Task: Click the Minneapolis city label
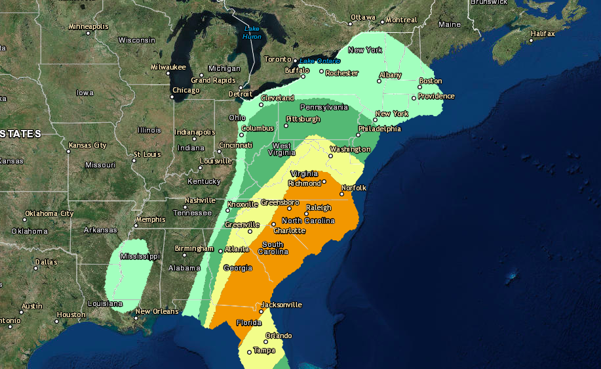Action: (88, 26)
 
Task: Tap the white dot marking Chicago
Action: (172, 97)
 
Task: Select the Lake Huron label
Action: (252, 32)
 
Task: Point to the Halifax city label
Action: (543, 33)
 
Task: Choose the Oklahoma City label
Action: (49, 213)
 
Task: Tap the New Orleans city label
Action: (157, 311)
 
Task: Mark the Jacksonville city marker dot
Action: (260, 311)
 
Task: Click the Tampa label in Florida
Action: (264, 350)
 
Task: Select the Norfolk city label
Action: (353, 188)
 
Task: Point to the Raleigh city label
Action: (319, 207)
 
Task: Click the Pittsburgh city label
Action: (303, 119)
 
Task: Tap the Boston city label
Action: (431, 81)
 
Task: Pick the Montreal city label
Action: (401, 20)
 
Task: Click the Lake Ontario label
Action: (320, 61)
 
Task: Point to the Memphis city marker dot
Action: (136, 225)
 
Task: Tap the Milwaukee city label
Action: (168, 67)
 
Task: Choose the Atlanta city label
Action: (237, 249)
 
